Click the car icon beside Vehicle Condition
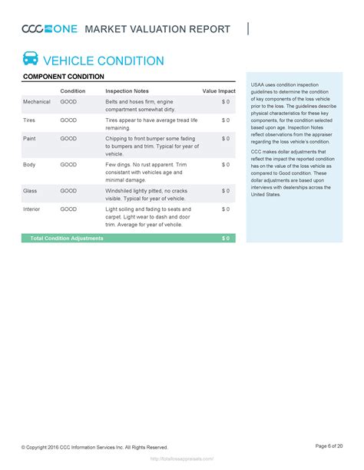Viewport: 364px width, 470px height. pos(31,59)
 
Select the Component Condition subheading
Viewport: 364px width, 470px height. pos(64,77)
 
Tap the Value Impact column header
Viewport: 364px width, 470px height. pos(219,91)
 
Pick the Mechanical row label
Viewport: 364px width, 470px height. pos(37,102)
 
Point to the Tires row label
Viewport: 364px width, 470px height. pos(30,120)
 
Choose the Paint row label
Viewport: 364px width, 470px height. pos(30,139)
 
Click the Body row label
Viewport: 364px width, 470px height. pos(29,164)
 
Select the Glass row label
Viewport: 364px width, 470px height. pos(31,190)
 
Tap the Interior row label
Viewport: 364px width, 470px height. pos(32,209)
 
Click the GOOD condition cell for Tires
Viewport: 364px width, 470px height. pos(68,120)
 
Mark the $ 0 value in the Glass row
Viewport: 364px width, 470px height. pos(226,190)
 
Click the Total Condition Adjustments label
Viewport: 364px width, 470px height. pos(66,238)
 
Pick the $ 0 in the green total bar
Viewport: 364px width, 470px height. pos(226,238)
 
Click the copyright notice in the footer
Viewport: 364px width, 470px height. pos(94,447)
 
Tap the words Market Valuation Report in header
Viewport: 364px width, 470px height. pos(157,29)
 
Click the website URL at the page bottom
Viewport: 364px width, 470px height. pos(182,461)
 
